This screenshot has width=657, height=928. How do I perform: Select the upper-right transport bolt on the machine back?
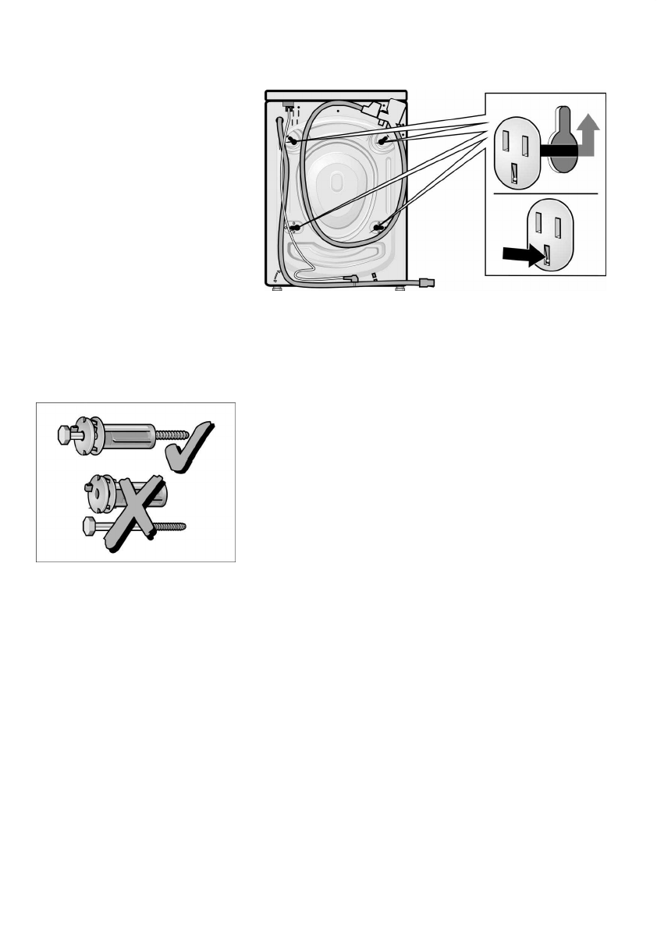385,139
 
